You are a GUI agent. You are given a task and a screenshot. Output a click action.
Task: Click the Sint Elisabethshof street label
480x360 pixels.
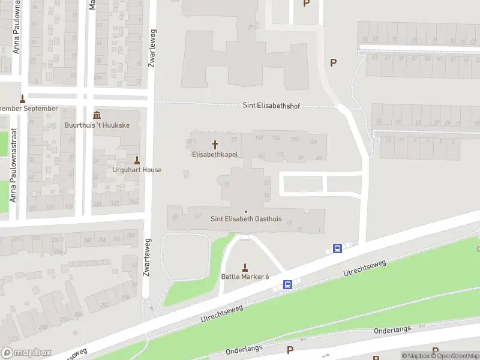[271, 106]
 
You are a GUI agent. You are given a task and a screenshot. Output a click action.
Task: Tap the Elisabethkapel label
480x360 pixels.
[215, 154]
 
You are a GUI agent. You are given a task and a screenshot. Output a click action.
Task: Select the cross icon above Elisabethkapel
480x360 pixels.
[215, 145]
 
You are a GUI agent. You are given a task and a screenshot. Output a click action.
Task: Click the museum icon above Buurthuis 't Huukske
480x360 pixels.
[97, 115]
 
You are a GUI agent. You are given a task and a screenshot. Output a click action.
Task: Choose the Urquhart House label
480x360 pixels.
[137, 170]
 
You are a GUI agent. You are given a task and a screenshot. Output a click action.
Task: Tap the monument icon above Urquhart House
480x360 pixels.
[137, 160]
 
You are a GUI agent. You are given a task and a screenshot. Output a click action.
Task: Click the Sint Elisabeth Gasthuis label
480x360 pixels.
[246, 219]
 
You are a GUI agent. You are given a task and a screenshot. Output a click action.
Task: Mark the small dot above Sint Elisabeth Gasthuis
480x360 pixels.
[245, 211]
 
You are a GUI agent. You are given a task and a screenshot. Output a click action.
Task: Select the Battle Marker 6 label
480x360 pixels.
[245, 277]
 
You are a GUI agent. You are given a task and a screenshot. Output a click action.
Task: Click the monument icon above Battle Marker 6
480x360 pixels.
[245, 267]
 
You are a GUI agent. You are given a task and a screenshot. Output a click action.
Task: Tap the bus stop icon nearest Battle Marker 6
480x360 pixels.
[288, 285]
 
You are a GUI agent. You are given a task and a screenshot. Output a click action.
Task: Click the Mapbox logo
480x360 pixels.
[26, 353]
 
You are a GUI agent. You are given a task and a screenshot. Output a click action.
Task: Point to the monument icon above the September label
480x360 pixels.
[23, 99]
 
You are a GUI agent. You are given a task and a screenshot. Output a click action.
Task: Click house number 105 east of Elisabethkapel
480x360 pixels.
[276, 138]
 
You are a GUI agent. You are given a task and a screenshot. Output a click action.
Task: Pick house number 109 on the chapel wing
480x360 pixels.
[313, 141]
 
